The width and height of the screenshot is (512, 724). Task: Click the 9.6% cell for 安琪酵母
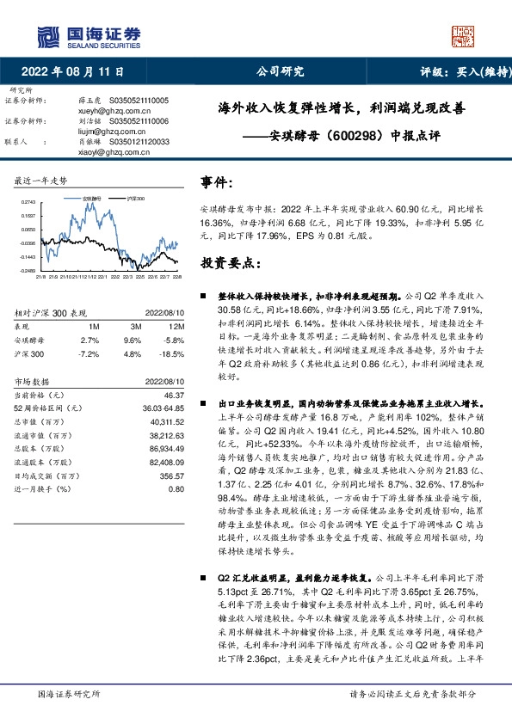pyautogui.click(x=135, y=341)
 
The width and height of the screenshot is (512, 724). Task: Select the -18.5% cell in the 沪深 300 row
pyautogui.click(x=172, y=353)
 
